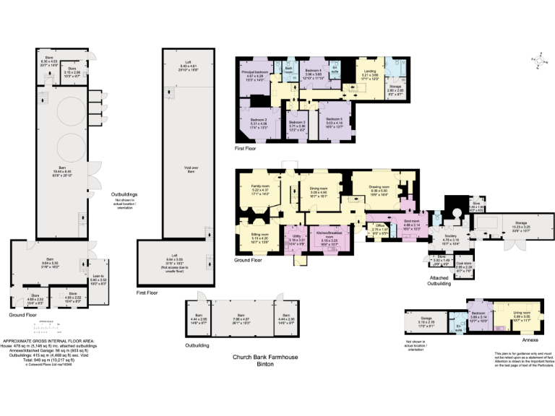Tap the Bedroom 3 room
tap(298, 124)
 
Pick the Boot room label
tap(412, 225)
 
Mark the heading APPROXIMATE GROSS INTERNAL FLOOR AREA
tap(45, 339)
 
